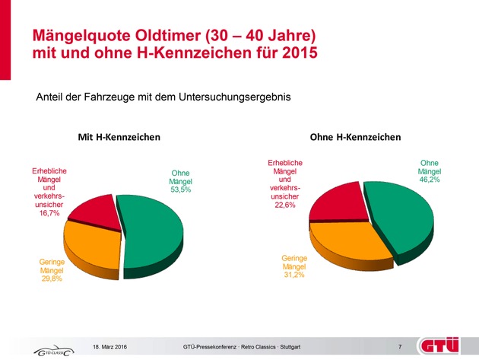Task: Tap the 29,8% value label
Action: tap(51, 279)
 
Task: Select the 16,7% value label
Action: tap(49, 214)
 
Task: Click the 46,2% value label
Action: tap(430, 180)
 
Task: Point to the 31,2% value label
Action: tap(294, 276)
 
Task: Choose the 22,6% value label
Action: tap(285, 204)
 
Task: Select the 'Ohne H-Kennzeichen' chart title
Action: tap(356, 137)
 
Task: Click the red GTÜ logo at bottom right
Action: tap(445, 344)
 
